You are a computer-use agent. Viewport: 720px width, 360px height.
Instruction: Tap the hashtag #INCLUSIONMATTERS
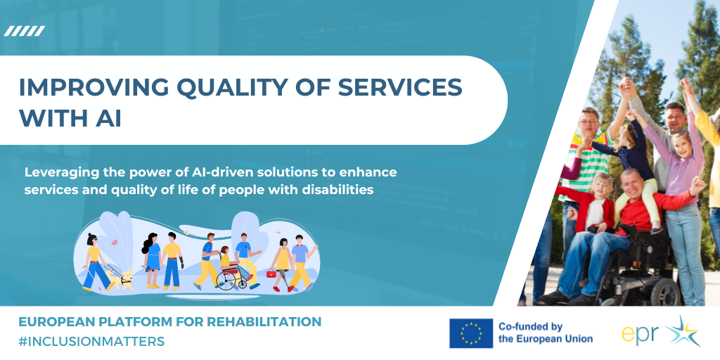91,342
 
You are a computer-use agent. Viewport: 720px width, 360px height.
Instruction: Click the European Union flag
471,333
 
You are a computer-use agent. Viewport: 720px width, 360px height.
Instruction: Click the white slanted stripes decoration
25,31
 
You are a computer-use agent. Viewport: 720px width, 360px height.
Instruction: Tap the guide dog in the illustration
120,280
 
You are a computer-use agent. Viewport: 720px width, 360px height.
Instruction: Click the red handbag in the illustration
271,274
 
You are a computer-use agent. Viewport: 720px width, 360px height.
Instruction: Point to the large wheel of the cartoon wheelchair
226,280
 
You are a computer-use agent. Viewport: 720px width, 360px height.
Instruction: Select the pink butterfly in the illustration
113,243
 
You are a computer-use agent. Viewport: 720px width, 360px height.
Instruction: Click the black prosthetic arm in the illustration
182,263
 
